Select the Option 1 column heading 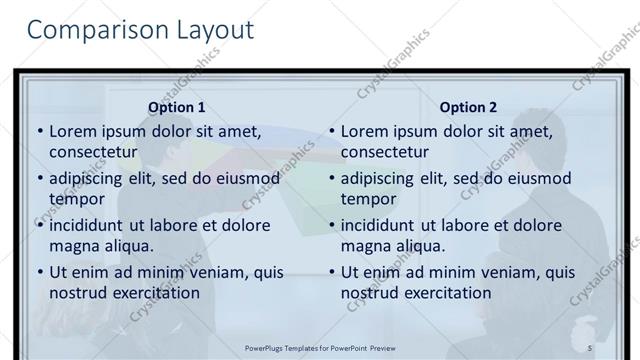tap(177, 107)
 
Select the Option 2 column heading tap(468, 107)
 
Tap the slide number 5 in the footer tap(590, 347)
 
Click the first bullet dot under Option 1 tap(40, 132)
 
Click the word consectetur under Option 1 tap(93, 152)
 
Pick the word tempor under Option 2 tap(369, 198)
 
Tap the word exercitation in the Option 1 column tap(154, 292)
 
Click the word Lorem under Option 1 tap(71, 131)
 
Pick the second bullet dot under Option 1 tap(40, 179)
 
